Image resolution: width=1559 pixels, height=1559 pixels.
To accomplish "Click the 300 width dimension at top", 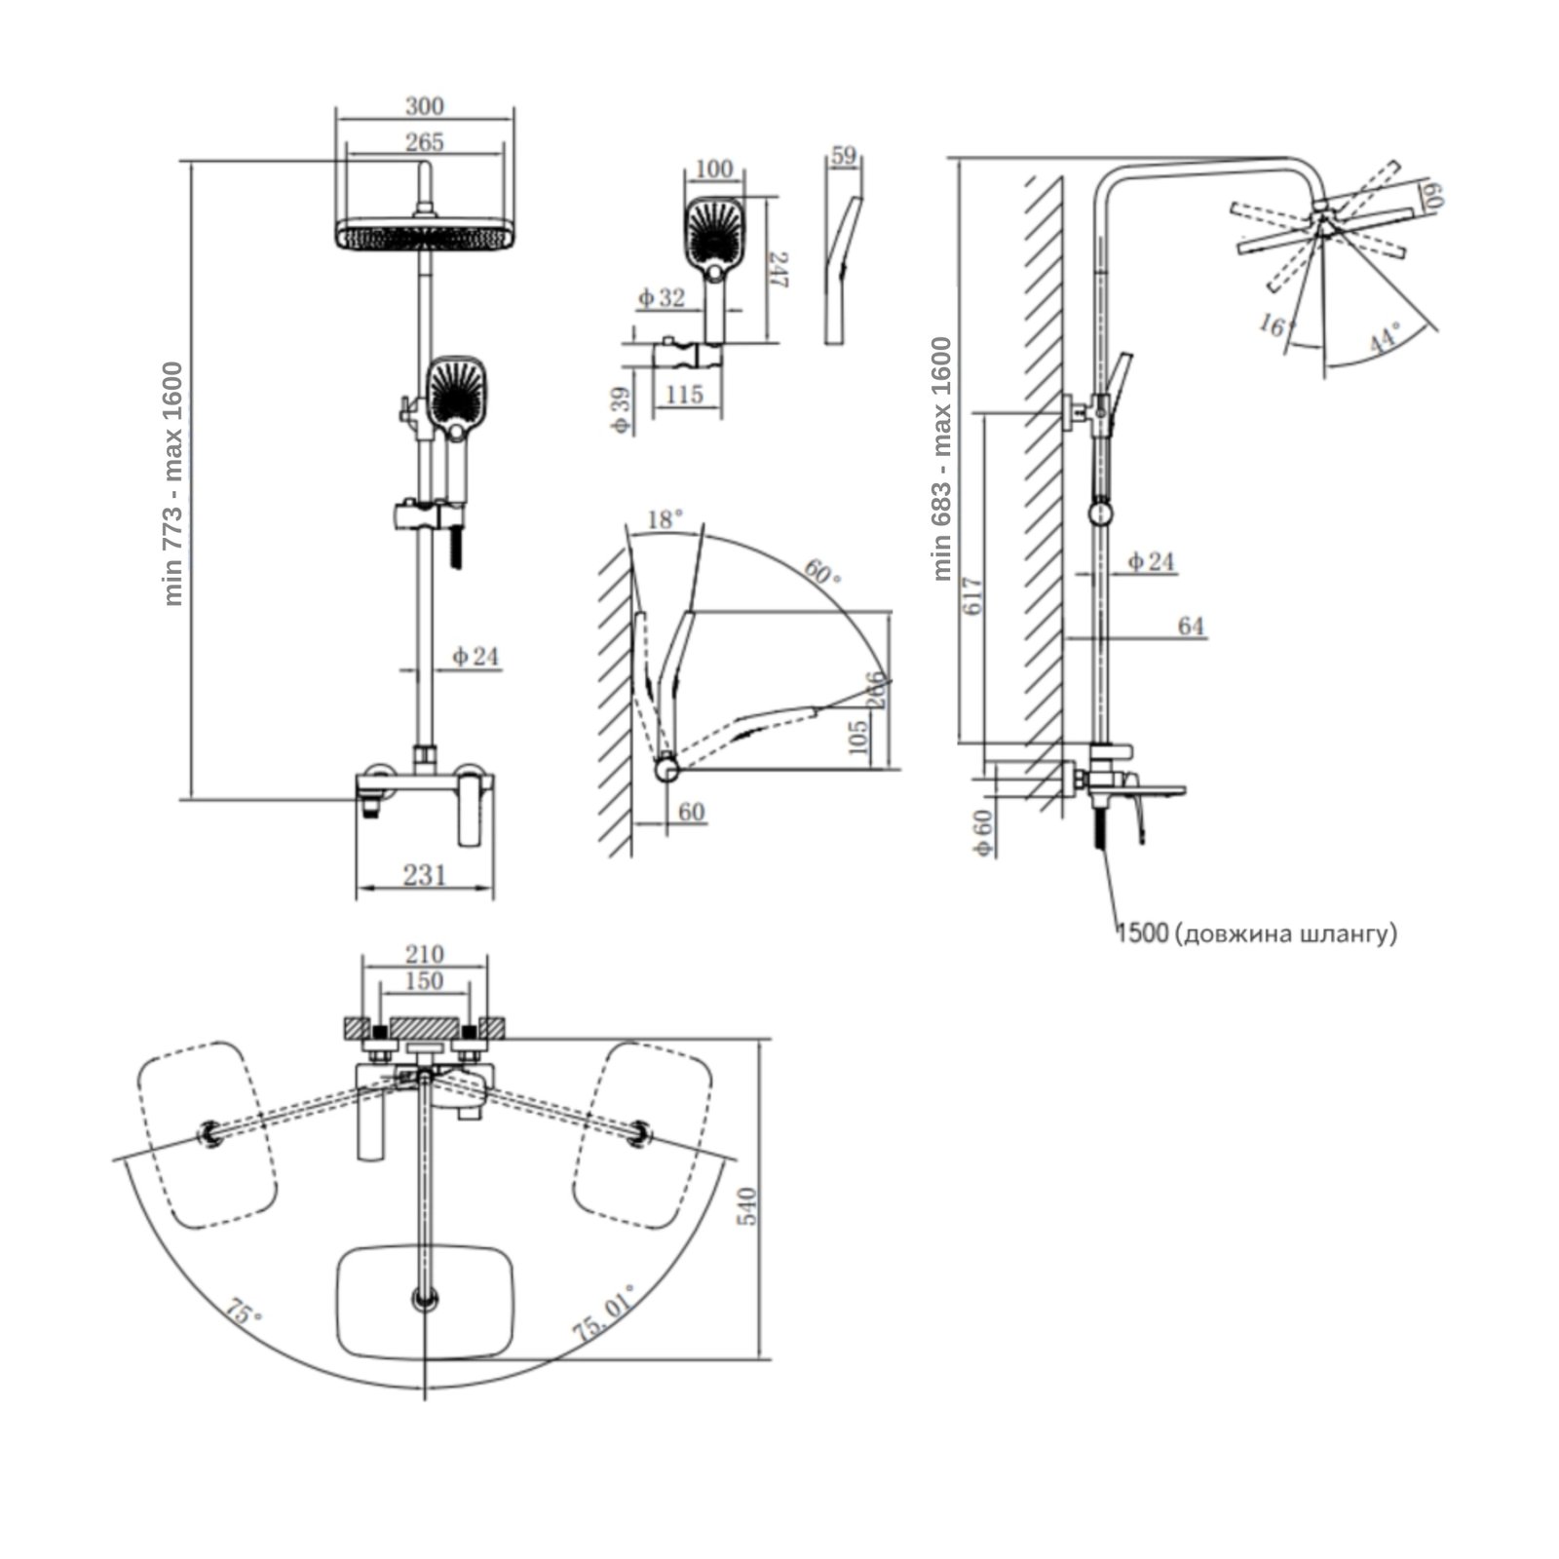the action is point(424,105).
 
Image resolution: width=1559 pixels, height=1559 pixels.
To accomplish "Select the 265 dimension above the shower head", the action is point(425,142).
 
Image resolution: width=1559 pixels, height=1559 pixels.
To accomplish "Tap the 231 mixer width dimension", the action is point(425,874).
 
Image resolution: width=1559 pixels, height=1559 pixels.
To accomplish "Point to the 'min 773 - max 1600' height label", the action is point(173,483).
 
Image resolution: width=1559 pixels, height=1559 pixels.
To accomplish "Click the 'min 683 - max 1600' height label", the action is point(941,459).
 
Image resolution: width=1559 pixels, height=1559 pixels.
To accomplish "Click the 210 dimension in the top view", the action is point(424,954).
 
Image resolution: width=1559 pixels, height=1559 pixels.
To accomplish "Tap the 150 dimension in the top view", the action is point(424,981).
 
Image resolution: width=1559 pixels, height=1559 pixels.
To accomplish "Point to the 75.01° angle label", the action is point(605,1314).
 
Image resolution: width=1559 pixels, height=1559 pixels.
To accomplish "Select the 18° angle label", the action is point(664,520).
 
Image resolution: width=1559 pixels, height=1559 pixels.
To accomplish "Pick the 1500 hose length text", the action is point(1143,933).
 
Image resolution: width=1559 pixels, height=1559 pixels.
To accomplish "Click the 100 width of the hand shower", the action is point(714,169).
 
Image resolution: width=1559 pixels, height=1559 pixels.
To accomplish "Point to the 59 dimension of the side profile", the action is point(844,155).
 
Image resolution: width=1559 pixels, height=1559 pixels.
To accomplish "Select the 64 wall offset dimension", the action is point(1191,627).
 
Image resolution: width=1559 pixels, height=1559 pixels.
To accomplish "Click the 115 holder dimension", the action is point(685,395).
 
